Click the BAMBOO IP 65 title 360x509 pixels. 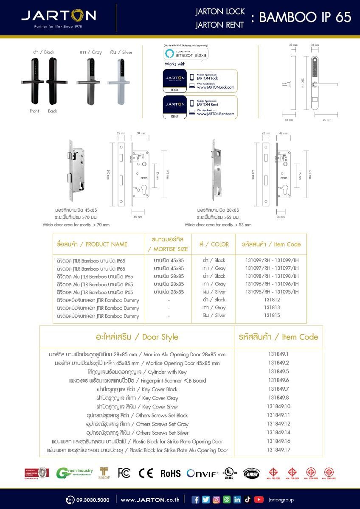click(x=305, y=17)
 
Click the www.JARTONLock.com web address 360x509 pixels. click(x=215, y=87)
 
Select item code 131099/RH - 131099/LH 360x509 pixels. click(x=272, y=260)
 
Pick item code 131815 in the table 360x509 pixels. click(x=272, y=316)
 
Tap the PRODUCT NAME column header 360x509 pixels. click(x=92, y=244)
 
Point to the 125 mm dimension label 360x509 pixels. click(x=326, y=120)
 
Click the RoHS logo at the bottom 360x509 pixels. click(x=170, y=473)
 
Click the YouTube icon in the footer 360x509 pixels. click(x=259, y=500)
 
